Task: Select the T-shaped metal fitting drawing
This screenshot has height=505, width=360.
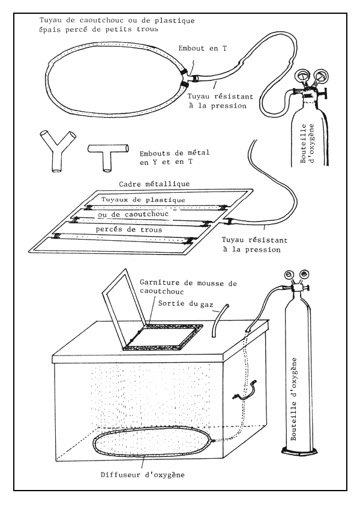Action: point(107,154)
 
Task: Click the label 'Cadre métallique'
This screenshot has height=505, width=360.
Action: point(155,184)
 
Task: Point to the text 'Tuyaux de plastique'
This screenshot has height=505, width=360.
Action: point(143,200)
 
